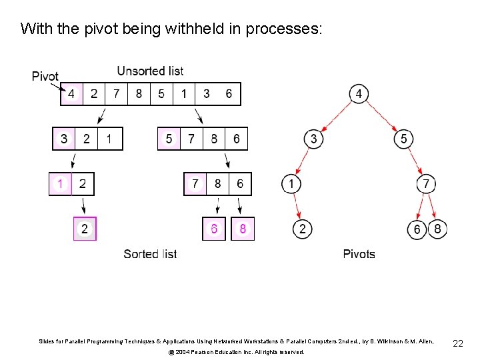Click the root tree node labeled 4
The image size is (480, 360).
pyautogui.click(x=359, y=94)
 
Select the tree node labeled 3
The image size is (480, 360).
pyautogui.click(x=314, y=139)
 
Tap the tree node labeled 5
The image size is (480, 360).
pyautogui.click(x=403, y=139)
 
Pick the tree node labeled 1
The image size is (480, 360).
pyautogui.click(x=291, y=183)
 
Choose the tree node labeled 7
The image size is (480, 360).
pyautogui.click(x=427, y=183)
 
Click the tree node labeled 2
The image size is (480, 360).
pyautogui.click(x=302, y=229)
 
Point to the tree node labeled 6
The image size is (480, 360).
pyautogui.click(x=417, y=229)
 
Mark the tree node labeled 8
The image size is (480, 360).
pyautogui.click(x=437, y=229)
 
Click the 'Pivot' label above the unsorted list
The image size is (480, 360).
pyautogui.click(x=45, y=77)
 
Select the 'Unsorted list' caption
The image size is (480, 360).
pyautogui.click(x=150, y=71)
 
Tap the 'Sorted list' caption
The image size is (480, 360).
pyautogui.click(x=150, y=254)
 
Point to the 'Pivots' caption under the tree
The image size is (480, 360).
pyautogui.click(x=359, y=254)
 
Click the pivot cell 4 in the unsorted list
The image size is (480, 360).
pyautogui.click(x=71, y=94)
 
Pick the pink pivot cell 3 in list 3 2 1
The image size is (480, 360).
pyautogui.click(x=64, y=139)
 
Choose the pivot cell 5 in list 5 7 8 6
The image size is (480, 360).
pyautogui.click(x=169, y=139)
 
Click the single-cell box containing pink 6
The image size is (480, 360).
pyautogui.click(x=214, y=229)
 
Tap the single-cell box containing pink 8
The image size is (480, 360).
pyautogui.click(x=243, y=229)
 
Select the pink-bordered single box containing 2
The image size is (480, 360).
pyautogui.click(x=85, y=229)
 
